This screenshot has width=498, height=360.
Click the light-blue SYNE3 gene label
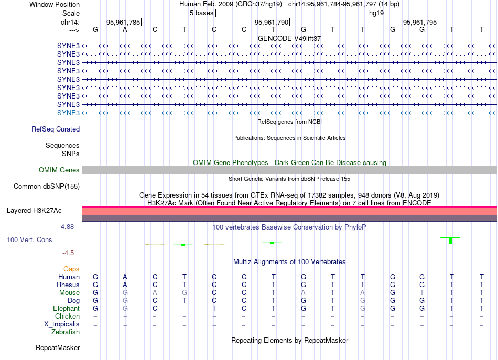[x=68, y=113]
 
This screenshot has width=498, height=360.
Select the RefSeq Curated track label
[x=56, y=129]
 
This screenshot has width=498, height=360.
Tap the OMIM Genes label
[x=59, y=170]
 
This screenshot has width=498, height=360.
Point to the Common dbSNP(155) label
[x=47, y=186]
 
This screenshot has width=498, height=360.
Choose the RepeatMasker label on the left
[x=58, y=347]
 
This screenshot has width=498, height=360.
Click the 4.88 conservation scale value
[x=69, y=227]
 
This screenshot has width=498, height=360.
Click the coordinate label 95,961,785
[x=123, y=23]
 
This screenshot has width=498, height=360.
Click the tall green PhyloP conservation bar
[x=450, y=241]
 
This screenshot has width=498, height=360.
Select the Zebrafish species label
[x=66, y=332]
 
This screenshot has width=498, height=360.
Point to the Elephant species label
[x=67, y=308]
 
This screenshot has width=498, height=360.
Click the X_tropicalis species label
[x=62, y=324]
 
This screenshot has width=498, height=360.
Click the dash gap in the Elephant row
[x=184, y=309]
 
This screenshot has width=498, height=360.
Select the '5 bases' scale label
[x=201, y=13]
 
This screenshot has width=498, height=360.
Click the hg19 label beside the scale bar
[x=376, y=13]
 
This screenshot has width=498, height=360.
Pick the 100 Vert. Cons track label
[x=29, y=239]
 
